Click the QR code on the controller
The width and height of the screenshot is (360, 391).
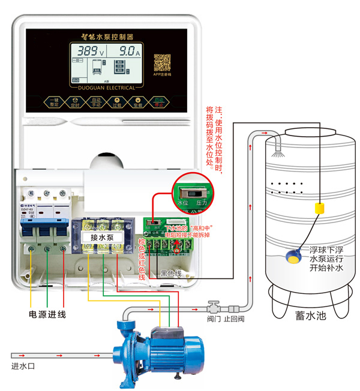[x=163, y=62]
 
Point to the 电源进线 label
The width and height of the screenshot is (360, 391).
[x=47, y=314]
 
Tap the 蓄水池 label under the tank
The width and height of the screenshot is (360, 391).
[x=310, y=316]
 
